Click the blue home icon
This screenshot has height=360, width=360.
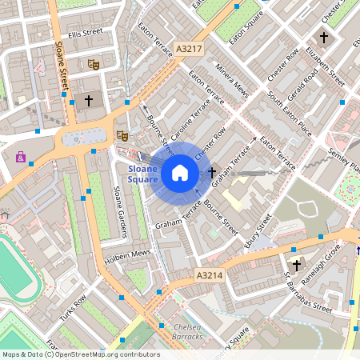[x=180, y=172]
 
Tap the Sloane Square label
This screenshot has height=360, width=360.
[x=143, y=174]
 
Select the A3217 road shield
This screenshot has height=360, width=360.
[x=189, y=49]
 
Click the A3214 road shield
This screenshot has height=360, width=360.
[x=209, y=274]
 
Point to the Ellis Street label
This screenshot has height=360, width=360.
[x=86, y=34]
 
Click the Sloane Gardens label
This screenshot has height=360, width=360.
[x=122, y=212]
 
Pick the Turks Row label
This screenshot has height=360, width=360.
[x=73, y=312]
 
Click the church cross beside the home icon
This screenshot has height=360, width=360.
[x=212, y=172]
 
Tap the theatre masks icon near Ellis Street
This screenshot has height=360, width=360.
[x=93, y=62]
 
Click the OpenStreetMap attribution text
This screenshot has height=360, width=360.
[x=80, y=354]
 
